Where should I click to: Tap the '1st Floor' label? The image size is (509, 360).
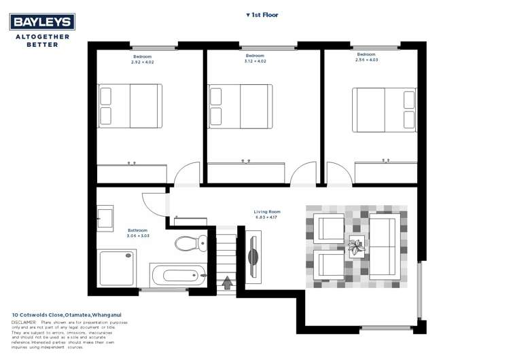262,14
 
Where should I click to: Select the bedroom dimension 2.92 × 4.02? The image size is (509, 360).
143,62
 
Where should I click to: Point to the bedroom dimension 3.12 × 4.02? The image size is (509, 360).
255,61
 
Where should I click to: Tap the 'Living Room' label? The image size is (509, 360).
267,212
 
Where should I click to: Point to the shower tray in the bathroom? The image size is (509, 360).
118,268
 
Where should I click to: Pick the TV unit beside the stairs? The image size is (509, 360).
253,257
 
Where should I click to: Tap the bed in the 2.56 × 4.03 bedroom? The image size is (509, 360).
384,109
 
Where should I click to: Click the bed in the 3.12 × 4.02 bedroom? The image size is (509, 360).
241,106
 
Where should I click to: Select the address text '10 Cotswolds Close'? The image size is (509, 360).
37,314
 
